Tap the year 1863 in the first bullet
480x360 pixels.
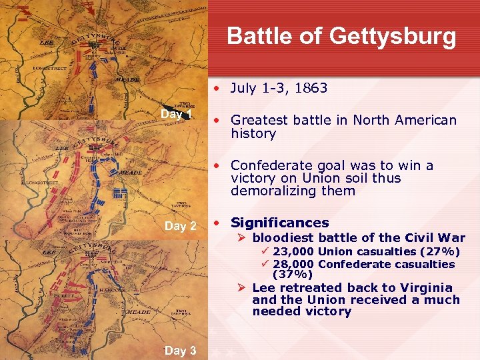pos(311,87)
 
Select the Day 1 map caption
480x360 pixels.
pos(176,114)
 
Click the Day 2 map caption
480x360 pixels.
pos(180,226)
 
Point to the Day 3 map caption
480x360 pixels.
pos(180,350)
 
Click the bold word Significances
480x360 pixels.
pos(279,223)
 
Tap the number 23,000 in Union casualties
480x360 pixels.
pos(293,251)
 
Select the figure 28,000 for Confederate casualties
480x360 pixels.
pos(293,264)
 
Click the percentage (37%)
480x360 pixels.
pos(293,274)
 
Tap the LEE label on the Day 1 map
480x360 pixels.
pos(47,41)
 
